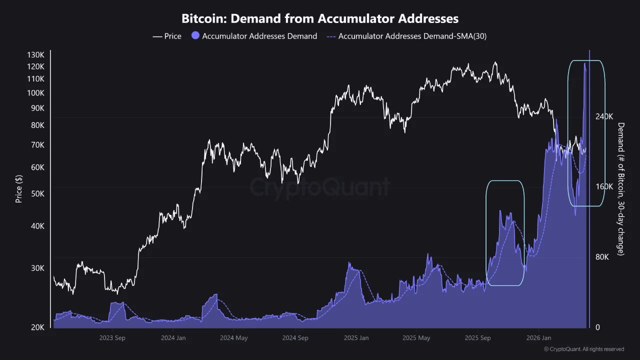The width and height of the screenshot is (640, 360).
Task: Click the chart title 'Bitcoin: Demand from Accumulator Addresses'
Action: tap(320, 19)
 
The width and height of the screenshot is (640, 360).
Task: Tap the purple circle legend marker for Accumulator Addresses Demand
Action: tap(195, 36)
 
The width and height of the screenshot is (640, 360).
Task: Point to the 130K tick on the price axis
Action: tap(35, 54)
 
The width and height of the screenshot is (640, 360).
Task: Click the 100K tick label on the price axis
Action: tap(35, 93)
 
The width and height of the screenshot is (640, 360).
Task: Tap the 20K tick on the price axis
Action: tap(37, 327)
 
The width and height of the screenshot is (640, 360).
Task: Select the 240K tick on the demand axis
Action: tap(604, 116)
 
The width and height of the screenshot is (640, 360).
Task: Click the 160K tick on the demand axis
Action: tap(604, 187)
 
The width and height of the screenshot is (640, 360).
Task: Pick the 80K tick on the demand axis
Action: tap(602, 257)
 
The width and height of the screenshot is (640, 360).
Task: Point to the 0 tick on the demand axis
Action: tap(597, 327)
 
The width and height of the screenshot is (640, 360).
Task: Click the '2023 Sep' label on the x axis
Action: tap(112, 338)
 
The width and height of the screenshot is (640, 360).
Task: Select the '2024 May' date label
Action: tap(234, 338)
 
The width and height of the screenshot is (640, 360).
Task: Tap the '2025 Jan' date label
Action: tap(356, 338)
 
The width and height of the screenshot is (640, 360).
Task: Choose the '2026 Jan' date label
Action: tap(539, 338)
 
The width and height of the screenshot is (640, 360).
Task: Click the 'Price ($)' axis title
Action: tap(19, 189)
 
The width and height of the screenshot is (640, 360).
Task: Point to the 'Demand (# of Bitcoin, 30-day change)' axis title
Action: tap(621, 189)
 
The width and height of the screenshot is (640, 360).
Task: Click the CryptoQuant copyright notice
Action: tap(584, 349)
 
